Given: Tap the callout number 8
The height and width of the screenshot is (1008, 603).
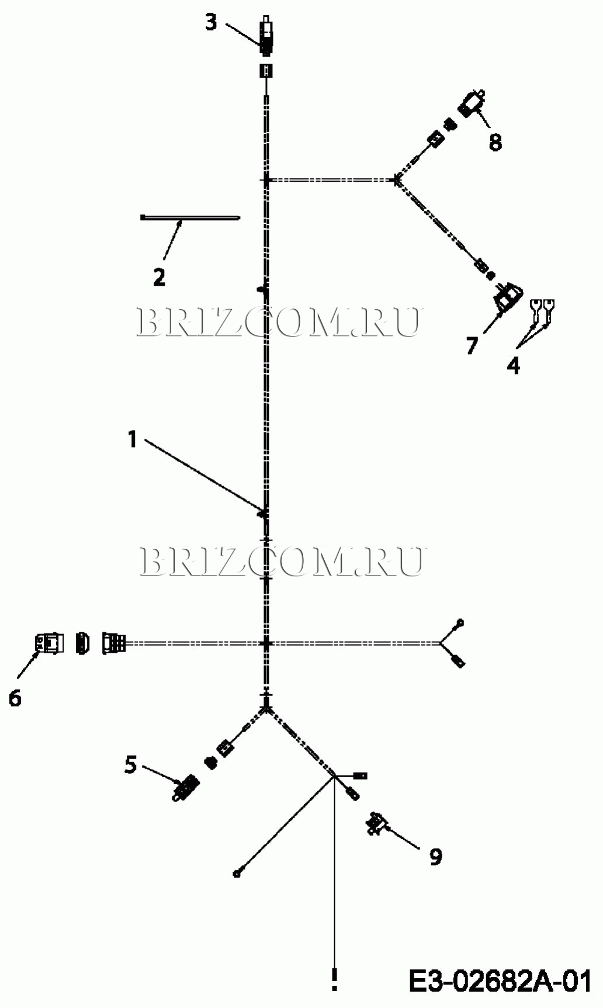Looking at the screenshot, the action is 495,142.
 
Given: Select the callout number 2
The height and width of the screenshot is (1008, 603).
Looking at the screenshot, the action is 159,276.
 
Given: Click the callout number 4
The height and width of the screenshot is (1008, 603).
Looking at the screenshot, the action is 513,366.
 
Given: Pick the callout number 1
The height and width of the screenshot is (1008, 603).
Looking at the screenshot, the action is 132,439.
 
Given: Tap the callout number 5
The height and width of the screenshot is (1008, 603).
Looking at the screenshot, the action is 131,764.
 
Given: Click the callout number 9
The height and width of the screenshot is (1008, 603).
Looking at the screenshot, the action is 436,857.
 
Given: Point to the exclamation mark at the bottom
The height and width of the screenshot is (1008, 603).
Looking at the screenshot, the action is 334,979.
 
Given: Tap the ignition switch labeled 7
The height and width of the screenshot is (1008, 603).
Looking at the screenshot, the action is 506,297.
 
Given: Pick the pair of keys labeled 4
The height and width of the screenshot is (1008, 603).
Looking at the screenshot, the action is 543,310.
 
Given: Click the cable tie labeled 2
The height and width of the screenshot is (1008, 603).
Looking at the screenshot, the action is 190,218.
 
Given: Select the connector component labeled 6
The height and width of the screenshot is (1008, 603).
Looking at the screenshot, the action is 49,643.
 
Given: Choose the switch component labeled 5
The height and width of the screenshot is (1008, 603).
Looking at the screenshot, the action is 186,788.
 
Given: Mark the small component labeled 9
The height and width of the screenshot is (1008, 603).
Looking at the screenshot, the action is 376,823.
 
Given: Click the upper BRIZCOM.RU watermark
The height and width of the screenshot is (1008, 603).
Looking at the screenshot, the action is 278,322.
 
